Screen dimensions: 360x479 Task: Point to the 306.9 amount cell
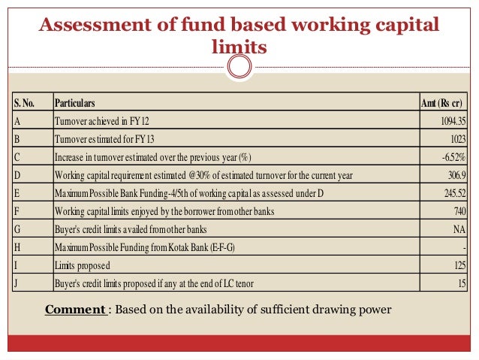pyautogui.click(x=456, y=175)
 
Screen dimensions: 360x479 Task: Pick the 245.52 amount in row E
pyautogui.click(x=453, y=193)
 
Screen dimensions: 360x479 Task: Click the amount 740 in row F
pyautogui.click(x=459, y=212)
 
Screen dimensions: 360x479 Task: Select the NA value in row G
pyautogui.click(x=460, y=229)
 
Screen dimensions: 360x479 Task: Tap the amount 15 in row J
pyautogui.click(x=461, y=283)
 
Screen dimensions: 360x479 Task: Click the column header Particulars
pyautogui.click(x=74, y=103)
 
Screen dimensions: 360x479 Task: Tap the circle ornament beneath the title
pyautogui.click(x=239, y=68)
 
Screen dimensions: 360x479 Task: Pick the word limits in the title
pyautogui.click(x=239, y=47)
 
